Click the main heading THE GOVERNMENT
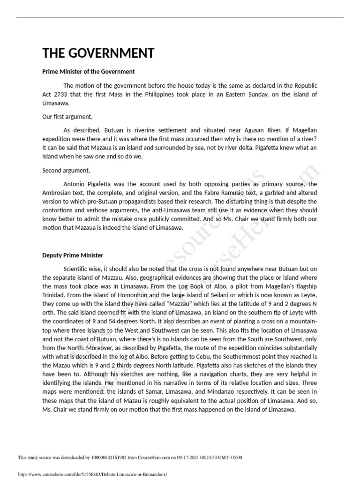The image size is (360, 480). pyautogui.click(x=98, y=53)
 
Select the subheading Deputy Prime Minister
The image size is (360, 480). pyautogui.click(x=73, y=255)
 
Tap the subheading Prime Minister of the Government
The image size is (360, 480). pyautogui.click(x=89, y=72)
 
